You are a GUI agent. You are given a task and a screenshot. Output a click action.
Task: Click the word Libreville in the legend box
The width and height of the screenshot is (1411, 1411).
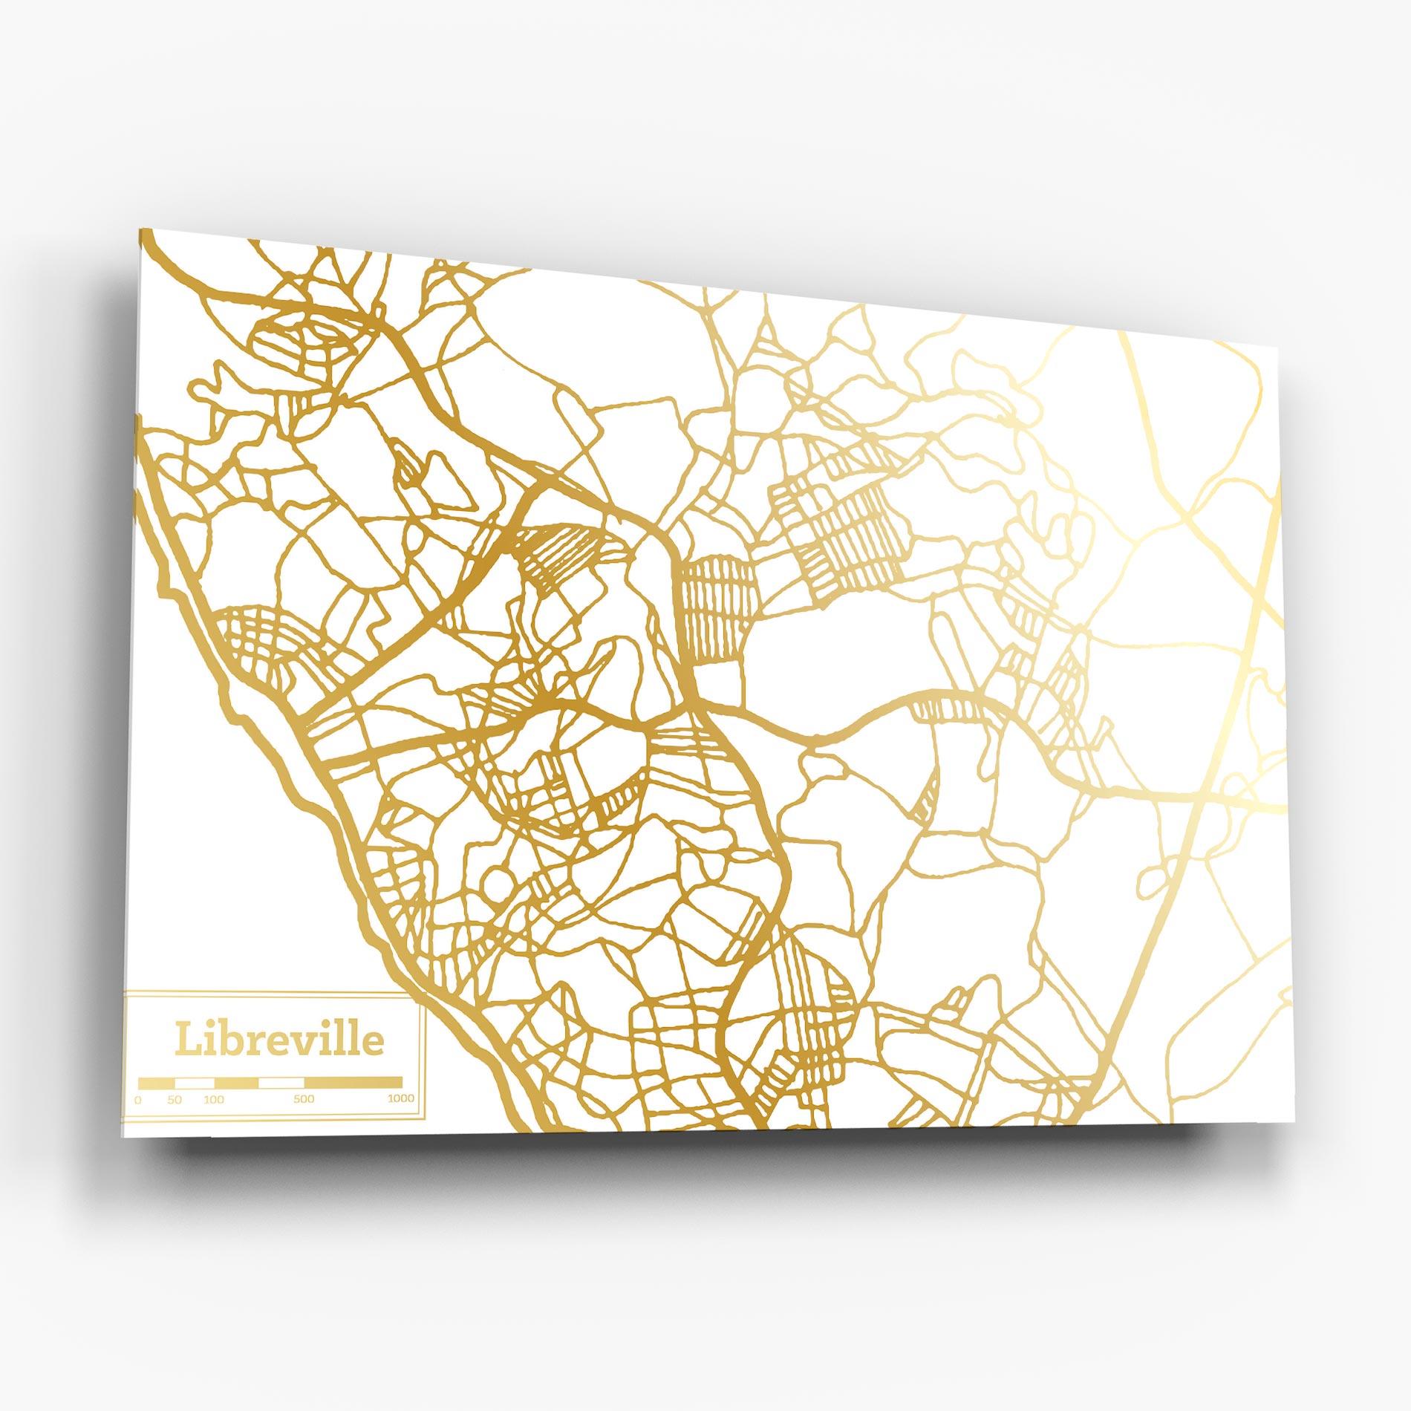280,1040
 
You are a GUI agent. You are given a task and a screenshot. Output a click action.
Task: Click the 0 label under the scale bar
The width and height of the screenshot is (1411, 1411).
138,1099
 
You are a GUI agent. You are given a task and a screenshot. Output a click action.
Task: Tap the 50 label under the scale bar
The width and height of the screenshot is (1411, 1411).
175,1100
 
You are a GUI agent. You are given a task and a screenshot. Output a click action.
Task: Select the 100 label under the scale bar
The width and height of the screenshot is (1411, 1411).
214,1100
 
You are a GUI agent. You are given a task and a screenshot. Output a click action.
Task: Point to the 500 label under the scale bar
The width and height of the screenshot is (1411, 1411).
304,1100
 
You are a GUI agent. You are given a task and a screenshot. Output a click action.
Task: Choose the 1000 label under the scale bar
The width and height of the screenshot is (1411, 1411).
401,1100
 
